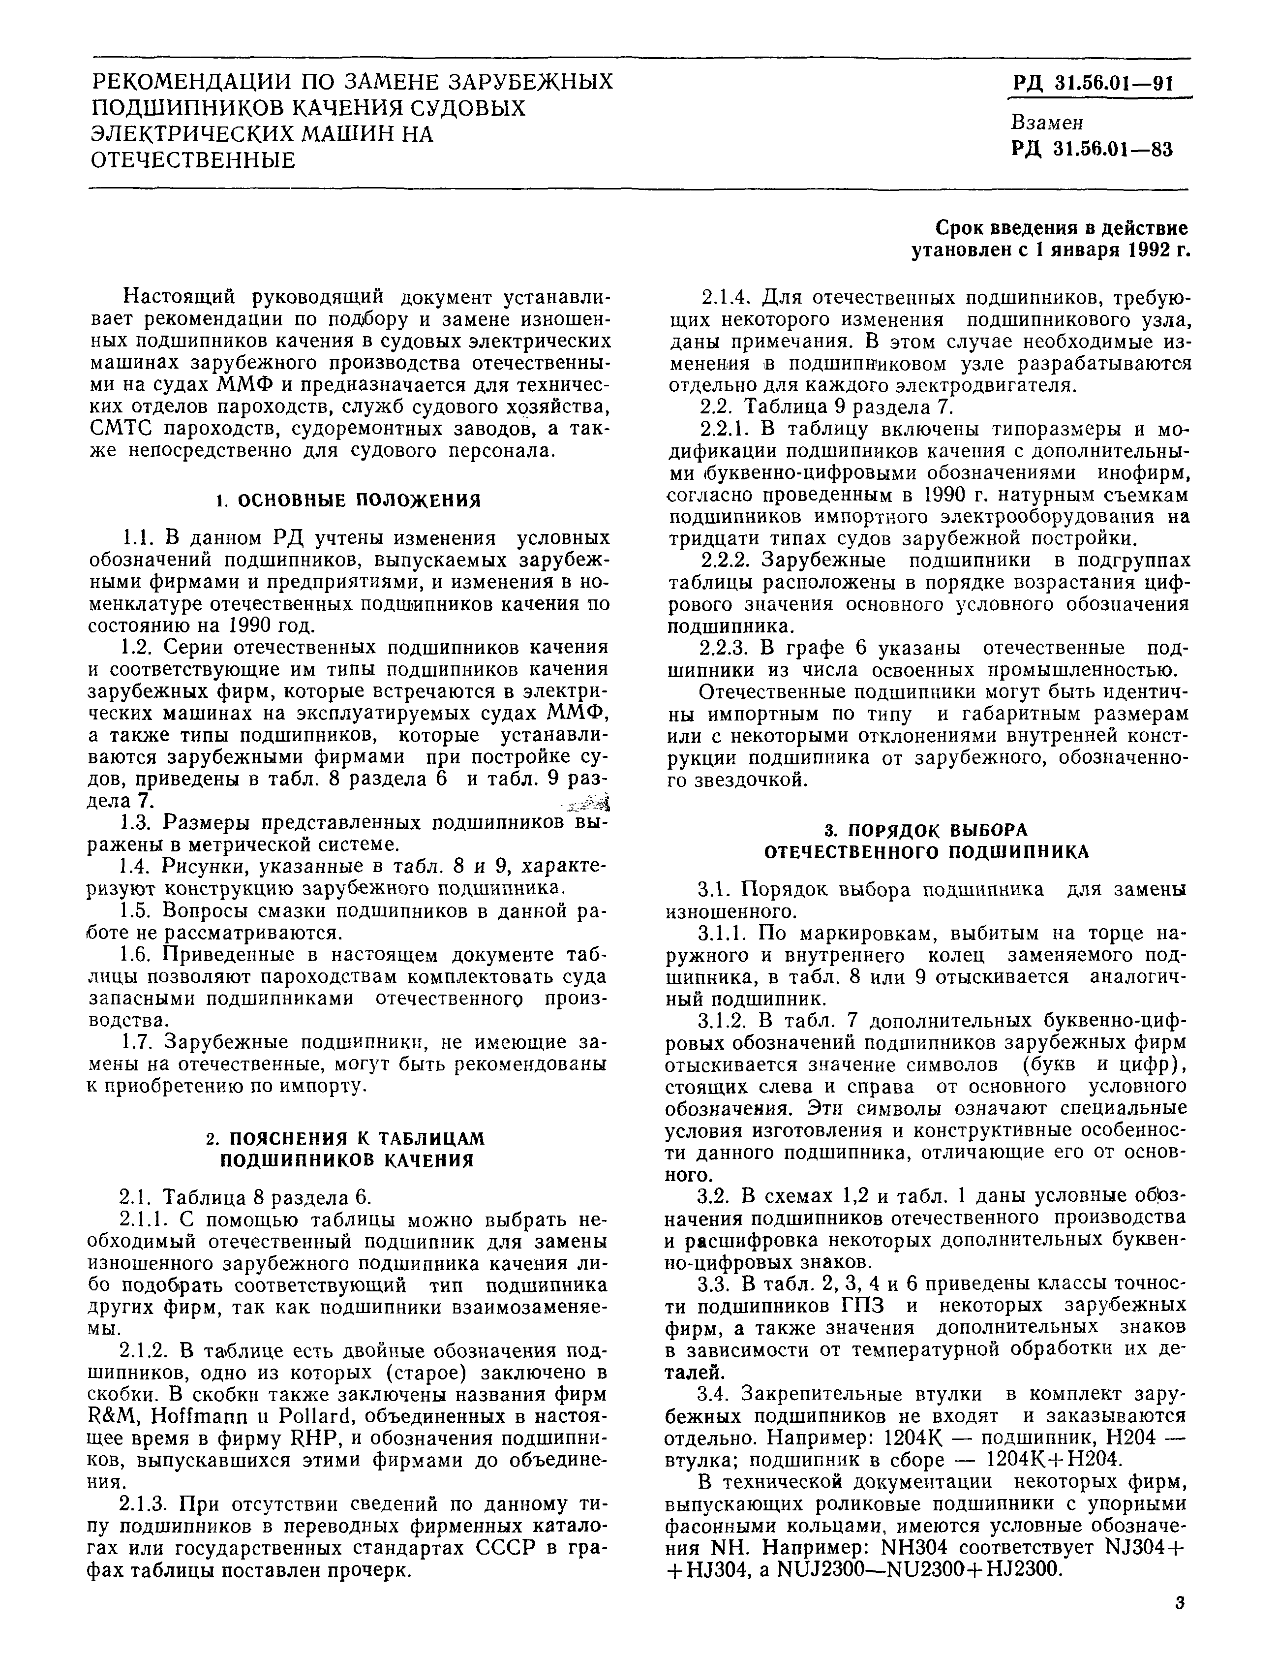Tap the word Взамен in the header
tap(1047, 122)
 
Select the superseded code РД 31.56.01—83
tap(1092, 150)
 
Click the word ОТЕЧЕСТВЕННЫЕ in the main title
tap(193, 160)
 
